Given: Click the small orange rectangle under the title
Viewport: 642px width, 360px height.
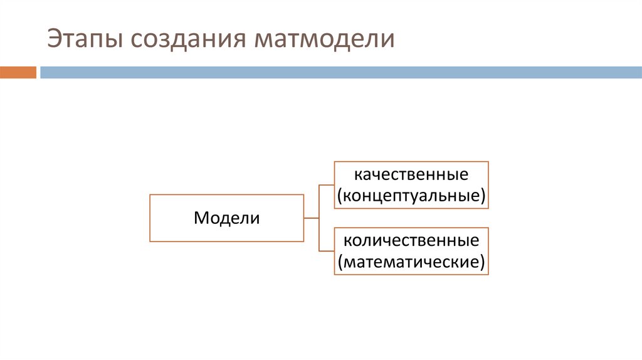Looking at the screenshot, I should click(x=18, y=73).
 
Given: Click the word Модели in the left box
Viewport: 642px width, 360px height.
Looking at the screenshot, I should click(x=226, y=218).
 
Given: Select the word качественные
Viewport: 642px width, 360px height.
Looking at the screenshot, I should click(x=411, y=172).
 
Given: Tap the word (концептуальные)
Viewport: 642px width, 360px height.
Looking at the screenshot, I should click(x=411, y=195).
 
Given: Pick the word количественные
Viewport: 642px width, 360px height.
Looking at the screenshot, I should click(x=411, y=240).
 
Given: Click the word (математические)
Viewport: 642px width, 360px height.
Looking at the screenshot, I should click(x=411, y=262).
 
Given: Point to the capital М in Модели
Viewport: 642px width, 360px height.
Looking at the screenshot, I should click(x=200, y=218).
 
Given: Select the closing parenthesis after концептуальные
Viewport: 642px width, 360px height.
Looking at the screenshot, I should click(x=483, y=196).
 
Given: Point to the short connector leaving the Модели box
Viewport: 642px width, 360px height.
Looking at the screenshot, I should click(x=312, y=218).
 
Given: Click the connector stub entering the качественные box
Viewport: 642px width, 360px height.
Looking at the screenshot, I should click(x=327, y=185).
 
